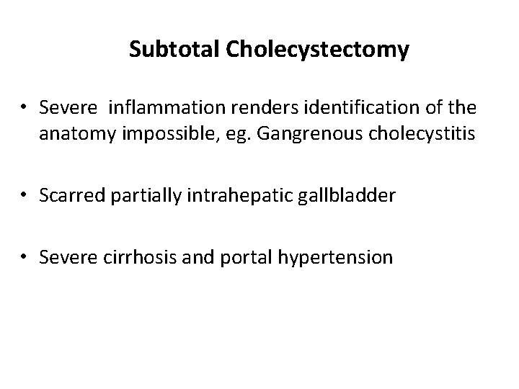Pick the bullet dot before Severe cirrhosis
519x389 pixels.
click(25, 257)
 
